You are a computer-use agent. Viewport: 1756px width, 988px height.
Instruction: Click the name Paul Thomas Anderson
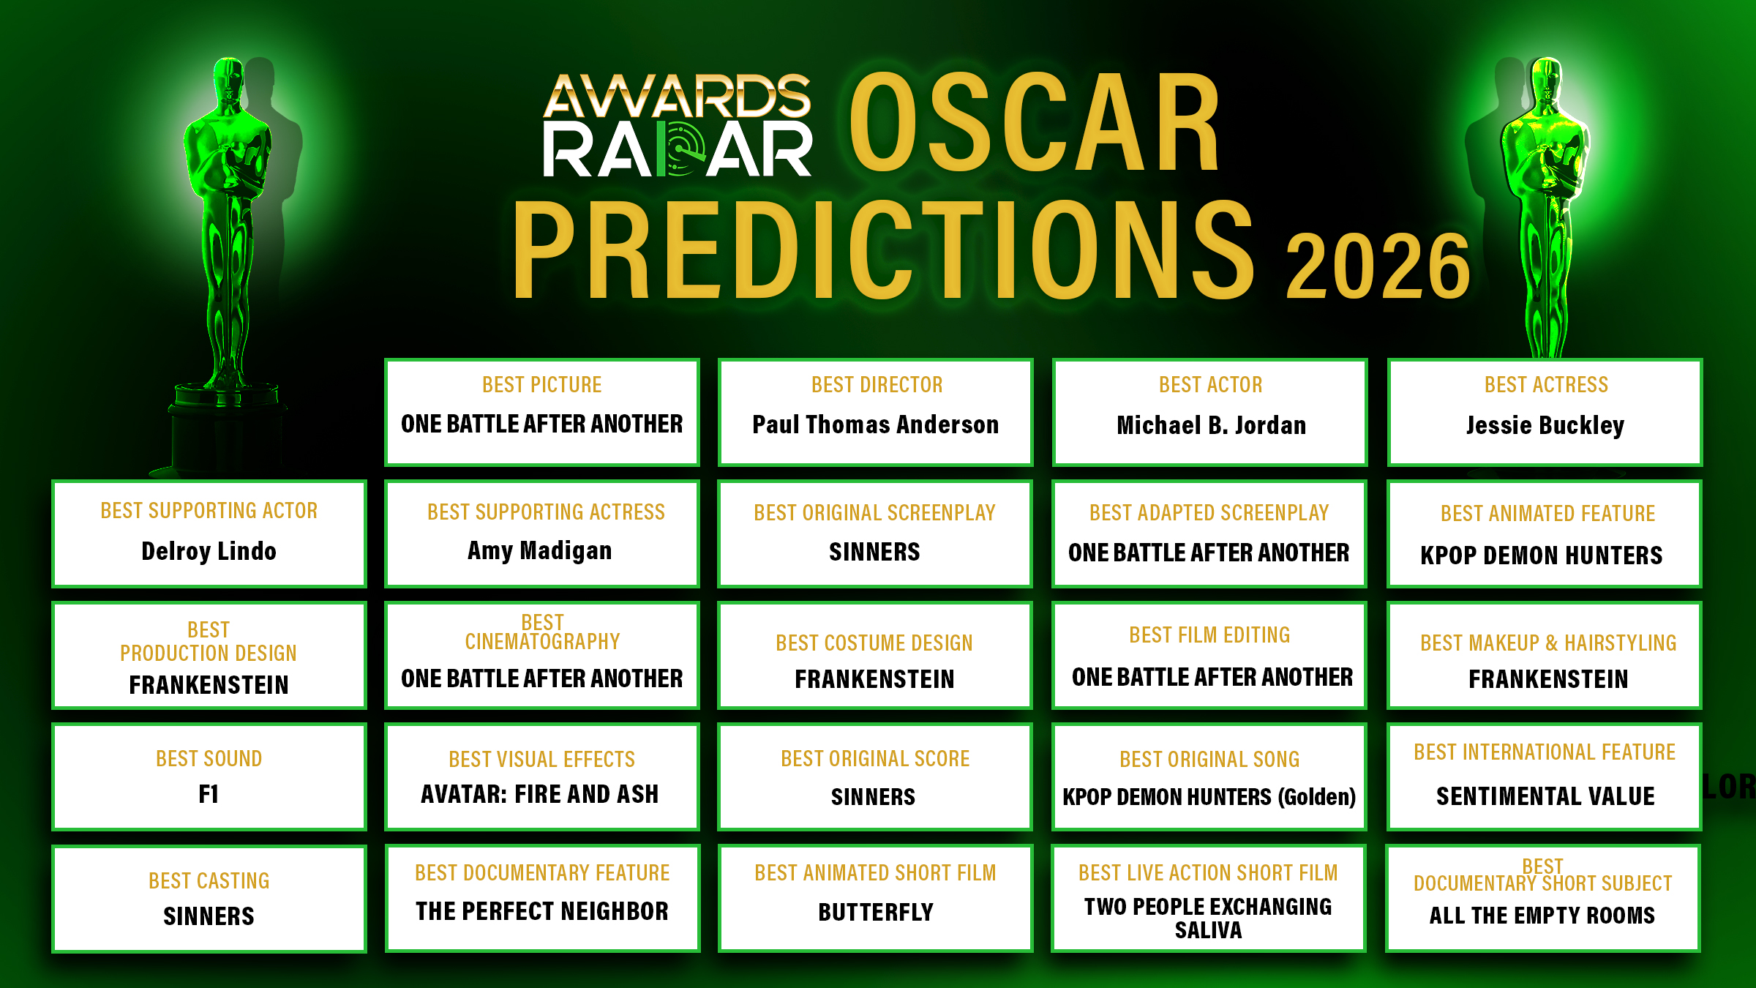875,424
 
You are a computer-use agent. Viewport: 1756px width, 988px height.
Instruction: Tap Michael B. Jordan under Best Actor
1211,425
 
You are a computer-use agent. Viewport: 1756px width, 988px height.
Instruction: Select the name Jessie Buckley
1545,425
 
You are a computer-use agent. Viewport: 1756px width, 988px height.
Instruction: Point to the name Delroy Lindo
209,551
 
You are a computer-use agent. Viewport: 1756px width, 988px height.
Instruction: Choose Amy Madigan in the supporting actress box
540,550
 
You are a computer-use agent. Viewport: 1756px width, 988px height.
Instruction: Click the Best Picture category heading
542,384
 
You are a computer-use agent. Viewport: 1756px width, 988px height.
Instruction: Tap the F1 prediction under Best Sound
209,794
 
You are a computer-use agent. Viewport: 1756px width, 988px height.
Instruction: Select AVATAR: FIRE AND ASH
540,794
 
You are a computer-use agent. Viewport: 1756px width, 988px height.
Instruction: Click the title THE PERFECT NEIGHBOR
542,911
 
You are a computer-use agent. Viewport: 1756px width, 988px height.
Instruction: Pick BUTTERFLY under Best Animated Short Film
876,912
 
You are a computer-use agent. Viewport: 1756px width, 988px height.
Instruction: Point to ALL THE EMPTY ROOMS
1542,916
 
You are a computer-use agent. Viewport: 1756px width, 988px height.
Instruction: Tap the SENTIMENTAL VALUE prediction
1545,796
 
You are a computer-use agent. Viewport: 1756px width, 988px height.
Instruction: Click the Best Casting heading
209,880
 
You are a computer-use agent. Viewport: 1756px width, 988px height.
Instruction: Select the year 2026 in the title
1378,266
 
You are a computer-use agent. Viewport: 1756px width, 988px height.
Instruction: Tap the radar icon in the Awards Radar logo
681,149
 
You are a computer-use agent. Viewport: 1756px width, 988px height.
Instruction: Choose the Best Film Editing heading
1209,635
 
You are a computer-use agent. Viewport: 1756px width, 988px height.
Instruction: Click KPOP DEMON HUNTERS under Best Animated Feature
1542,555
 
